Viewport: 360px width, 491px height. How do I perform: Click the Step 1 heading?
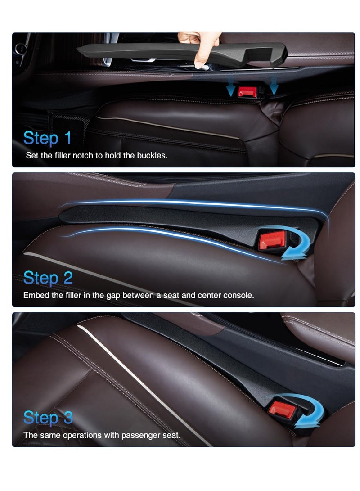47,138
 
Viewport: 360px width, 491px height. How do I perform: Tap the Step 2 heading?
48,278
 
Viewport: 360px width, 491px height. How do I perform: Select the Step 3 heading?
48,418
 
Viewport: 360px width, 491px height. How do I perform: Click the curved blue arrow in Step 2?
296,245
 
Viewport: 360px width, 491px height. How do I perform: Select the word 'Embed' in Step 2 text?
34,296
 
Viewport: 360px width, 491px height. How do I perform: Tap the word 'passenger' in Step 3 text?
138,436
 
